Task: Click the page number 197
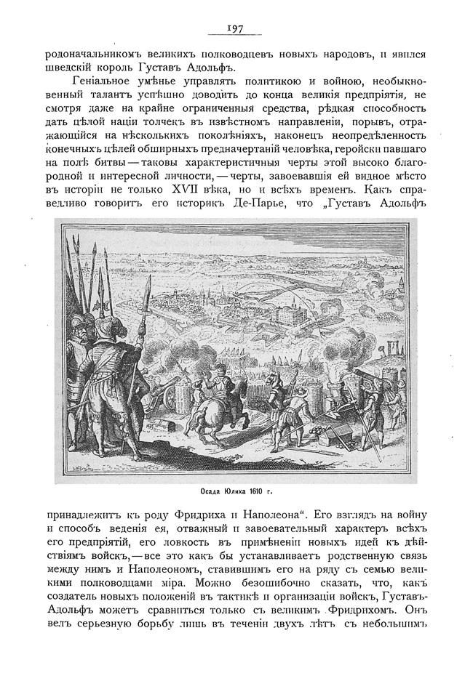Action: [x=234, y=28]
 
